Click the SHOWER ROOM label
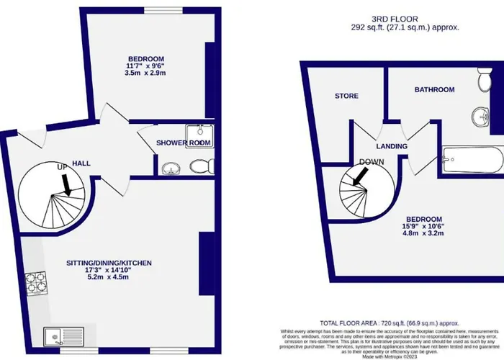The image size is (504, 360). point(184,143)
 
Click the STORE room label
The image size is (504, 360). point(346,96)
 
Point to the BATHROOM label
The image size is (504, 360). point(433,89)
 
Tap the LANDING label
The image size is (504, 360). point(392,146)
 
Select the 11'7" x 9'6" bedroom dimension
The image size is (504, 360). point(145,66)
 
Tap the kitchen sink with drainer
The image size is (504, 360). point(58,336)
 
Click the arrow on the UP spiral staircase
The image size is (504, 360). point(67,186)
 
